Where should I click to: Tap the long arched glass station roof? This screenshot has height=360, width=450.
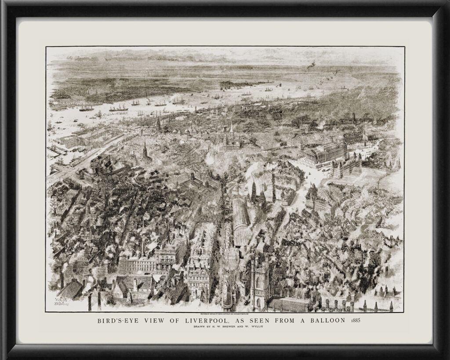pos(240,222)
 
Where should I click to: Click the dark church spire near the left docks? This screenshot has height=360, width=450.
pos(145,149)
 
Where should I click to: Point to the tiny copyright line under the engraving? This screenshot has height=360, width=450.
pos(225,313)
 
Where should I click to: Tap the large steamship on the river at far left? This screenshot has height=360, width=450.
pos(86,107)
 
